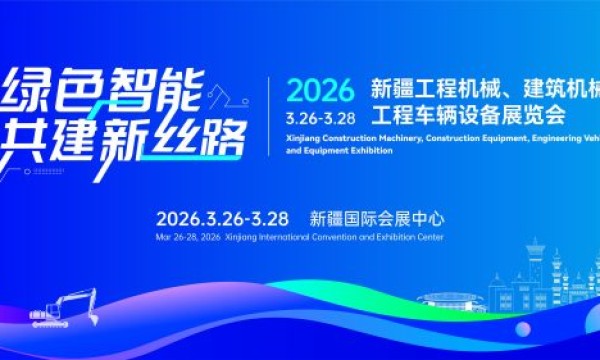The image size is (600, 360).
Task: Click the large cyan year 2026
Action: [320, 91]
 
